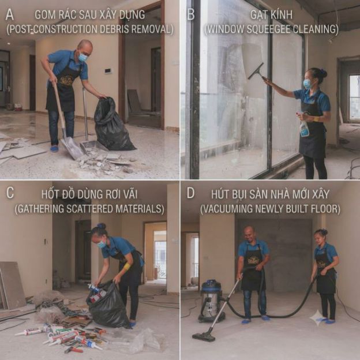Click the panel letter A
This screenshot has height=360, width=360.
coord(10,14)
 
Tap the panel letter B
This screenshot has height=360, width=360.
coord(191,14)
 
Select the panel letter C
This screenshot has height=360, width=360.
coord(10,193)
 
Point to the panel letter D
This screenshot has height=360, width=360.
coord(190,193)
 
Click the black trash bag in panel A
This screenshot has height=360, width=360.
coord(112,125)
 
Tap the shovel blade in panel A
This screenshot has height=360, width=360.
coord(72,148)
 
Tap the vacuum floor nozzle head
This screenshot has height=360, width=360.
coord(204,336)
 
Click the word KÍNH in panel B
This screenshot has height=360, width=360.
coord(282,15)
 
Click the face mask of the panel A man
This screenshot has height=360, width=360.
coord(83,57)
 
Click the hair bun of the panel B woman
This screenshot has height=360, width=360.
coord(323,73)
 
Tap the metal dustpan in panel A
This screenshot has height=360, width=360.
coord(91,147)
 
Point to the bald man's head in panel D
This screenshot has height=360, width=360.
coord(249,233)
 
